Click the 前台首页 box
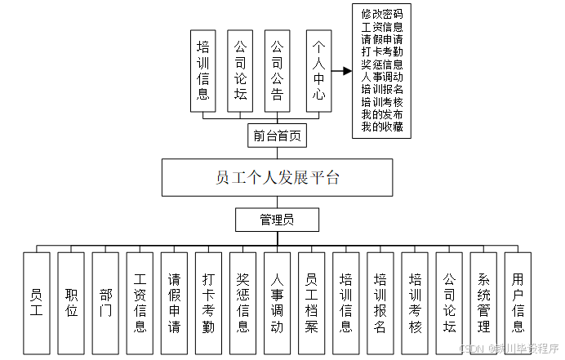coord(277,136)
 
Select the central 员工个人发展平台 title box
coord(277,178)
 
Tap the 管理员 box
coord(277,220)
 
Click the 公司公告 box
coord(277,71)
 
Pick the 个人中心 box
coord(318,71)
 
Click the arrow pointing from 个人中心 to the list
coord(344,71)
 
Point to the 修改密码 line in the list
coord(382,14)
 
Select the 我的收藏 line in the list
coord(382,127)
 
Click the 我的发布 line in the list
coord(382,114)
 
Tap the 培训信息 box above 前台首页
coord(203,71)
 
